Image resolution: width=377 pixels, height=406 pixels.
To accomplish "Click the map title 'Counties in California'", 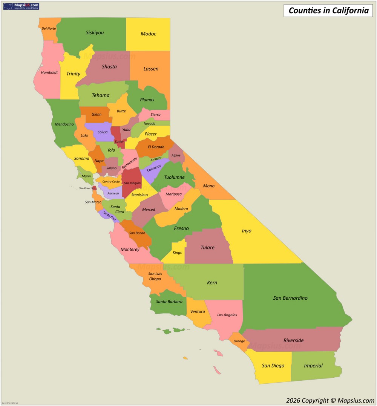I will pos(328,11).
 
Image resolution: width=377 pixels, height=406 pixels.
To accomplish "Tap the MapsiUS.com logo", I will pos(21,6).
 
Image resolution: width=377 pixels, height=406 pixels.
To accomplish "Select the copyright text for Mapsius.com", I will pos(330,400).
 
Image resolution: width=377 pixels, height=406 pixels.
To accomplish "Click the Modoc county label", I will pos(149,34).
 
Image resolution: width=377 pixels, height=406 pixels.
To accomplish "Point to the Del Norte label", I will pos(49,29).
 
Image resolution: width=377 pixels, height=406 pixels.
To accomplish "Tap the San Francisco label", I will pos(87,188).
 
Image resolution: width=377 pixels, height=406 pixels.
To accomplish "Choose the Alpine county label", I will pos(176,155).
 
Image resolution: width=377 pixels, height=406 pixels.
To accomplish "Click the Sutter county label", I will pos(119,142).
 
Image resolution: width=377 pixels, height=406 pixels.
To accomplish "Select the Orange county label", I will pos(239,341).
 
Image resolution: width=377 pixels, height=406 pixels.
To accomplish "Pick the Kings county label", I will pos(177,253).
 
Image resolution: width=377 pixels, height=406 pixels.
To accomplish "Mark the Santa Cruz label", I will pos(109,216).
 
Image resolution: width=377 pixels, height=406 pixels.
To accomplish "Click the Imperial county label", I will pos(313,366).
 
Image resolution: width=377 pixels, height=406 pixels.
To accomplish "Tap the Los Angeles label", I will pos(227,315).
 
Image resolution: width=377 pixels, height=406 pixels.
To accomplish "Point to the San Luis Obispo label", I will pos(155,276).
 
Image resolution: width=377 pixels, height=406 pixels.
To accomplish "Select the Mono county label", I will pos(209,186).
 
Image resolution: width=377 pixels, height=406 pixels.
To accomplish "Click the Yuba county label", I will pos(126,130).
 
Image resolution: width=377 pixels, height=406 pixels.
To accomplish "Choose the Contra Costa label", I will pos(111,182).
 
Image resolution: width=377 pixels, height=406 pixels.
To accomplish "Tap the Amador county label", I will pos(156,159).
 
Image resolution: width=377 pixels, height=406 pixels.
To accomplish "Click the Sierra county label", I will pos(155,115).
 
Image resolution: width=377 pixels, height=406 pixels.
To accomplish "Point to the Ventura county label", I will pos(198,312).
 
